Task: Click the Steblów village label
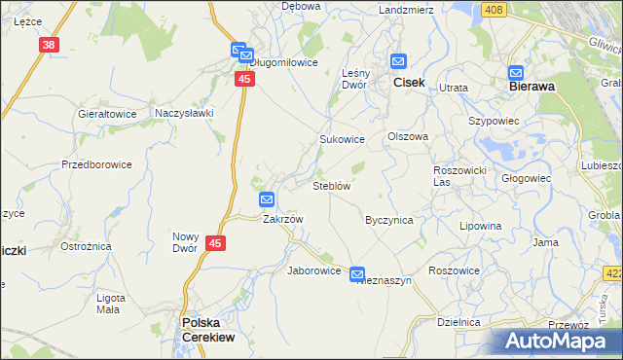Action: point(331,185)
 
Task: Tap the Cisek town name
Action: point(408,83)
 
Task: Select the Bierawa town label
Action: point(532,86)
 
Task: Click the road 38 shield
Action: point(50,45)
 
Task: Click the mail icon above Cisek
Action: point(398,60)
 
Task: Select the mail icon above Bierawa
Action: point(516,72)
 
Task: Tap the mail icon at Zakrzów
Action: point(267,199)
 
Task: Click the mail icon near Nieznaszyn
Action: point(357,274)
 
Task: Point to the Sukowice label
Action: point(343,139)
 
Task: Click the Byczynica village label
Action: point(388,220)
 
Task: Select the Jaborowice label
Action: point(313,270)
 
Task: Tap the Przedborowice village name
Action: point(96,164)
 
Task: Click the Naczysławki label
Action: point(184,113)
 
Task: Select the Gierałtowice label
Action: point(107,113)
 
